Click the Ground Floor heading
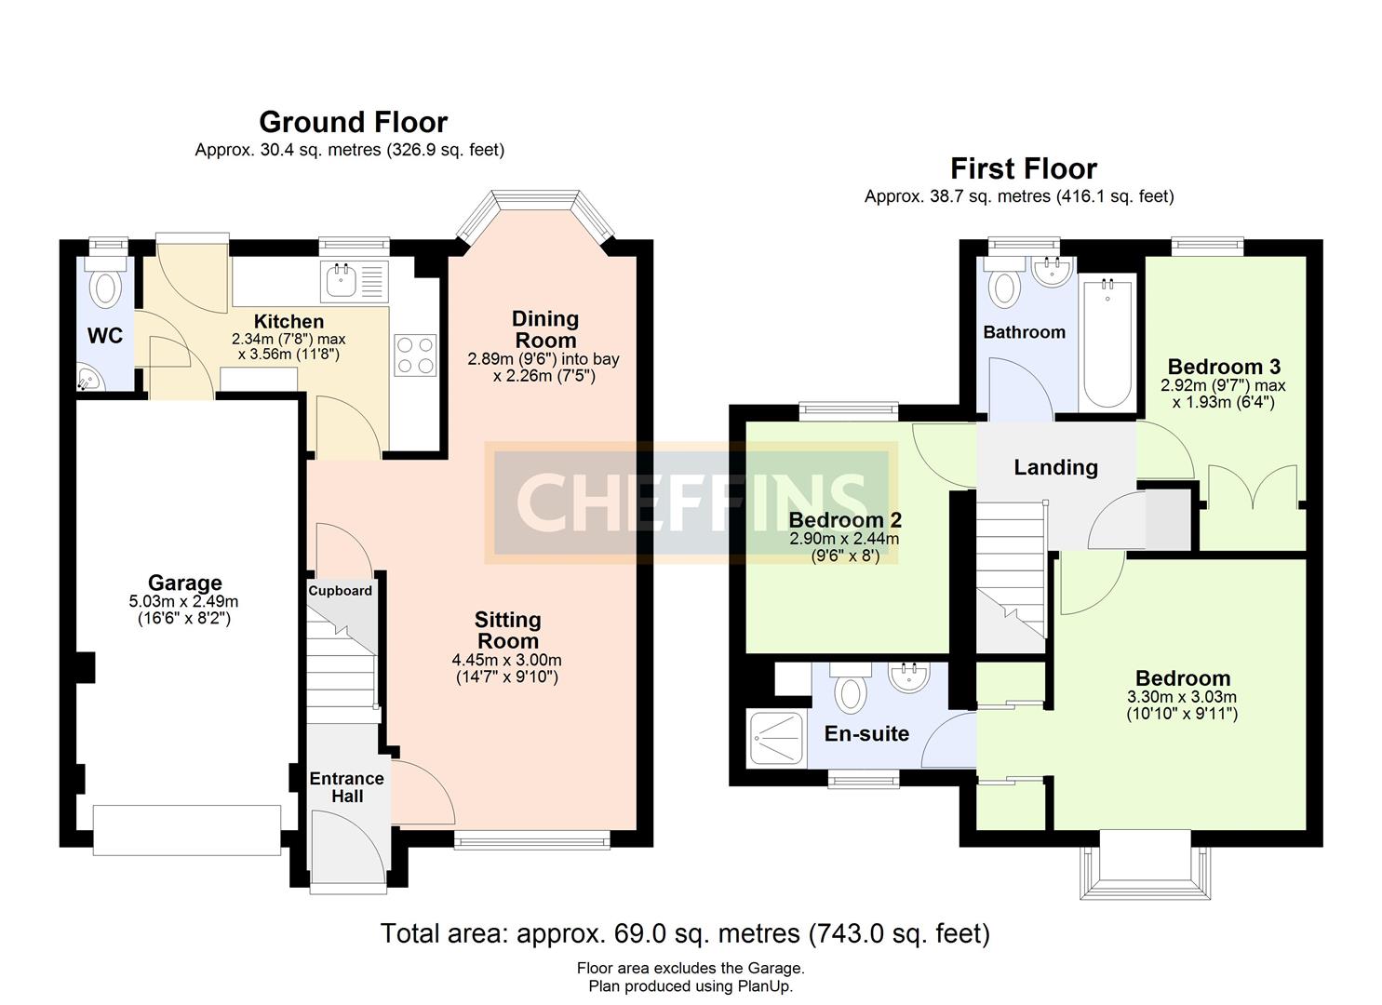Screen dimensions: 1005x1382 click(x=353, y=122)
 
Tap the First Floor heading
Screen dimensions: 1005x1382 click(x=1023, y=168)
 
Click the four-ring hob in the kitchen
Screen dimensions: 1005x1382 click(x=415, y=355)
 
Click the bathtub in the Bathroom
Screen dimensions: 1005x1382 click(x=1107, y=342)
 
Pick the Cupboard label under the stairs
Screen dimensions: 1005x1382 click(x=341, y=591)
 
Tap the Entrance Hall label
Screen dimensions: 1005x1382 click(x=346, y=787)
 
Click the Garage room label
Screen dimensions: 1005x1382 click(x=184, y=583)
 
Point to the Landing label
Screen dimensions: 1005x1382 click(x=1055, y=467)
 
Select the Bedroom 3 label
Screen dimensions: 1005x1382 click(x=1224, y=366)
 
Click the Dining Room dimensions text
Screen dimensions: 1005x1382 click(x=543, y=368)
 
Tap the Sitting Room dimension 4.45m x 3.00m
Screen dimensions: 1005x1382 click(x=507, y=660)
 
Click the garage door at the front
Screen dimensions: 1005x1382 click(x=187, y=830)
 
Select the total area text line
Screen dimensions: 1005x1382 click(x=685, y=932)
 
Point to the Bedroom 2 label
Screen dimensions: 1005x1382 click(x=844, y=520)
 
